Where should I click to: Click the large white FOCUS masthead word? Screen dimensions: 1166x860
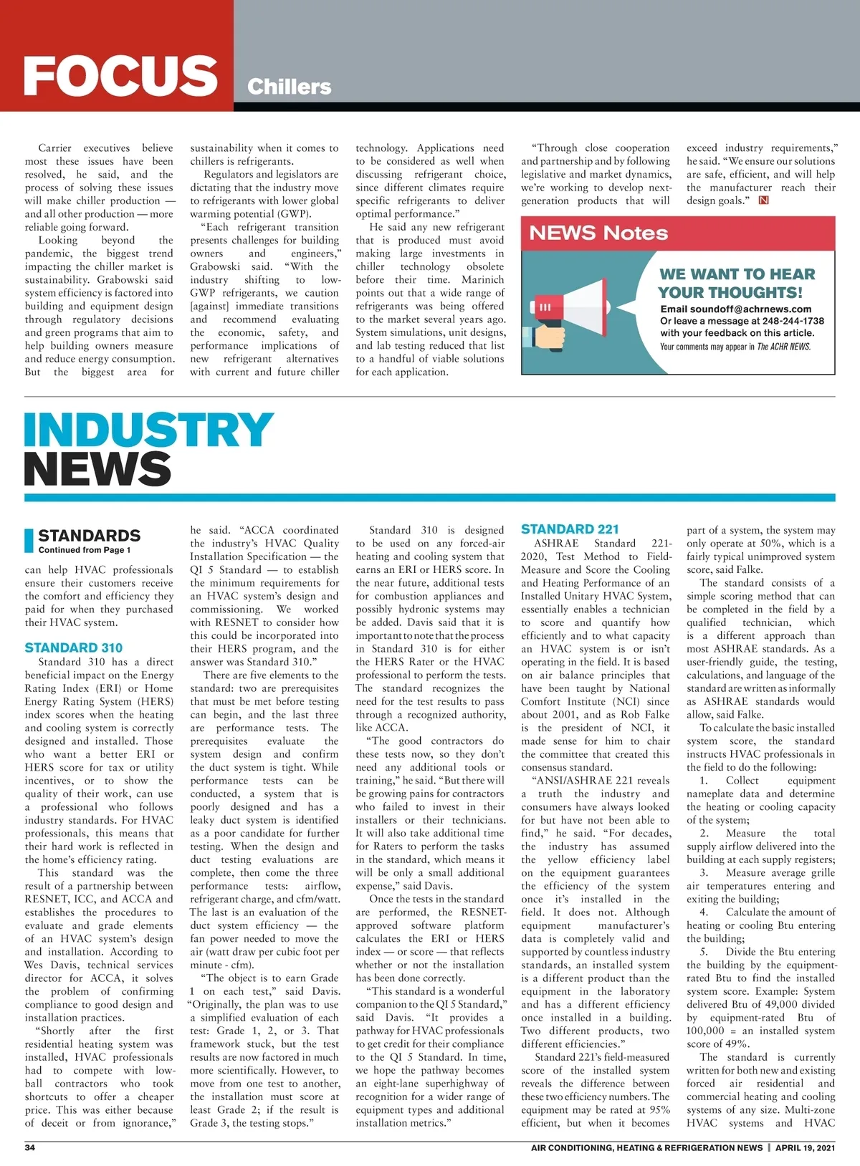120,75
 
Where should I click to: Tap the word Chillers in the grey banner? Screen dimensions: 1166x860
289,87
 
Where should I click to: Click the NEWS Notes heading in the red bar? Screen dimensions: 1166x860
598,233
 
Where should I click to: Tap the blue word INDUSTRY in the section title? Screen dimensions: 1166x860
148,430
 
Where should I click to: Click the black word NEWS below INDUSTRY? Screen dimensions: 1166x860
97,468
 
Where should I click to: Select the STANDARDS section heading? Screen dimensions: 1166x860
89,536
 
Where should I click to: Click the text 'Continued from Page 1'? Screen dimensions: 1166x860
85,550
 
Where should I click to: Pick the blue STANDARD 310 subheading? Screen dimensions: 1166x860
73,648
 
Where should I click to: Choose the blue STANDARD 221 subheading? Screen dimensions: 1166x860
570,529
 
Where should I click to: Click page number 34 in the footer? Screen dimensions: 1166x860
30,1147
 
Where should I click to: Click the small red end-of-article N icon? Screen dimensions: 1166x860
763,201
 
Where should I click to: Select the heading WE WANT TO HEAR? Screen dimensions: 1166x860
737,274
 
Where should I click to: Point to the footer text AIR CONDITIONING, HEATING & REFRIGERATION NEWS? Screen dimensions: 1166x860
646,1147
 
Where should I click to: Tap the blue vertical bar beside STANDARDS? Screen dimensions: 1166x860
29,541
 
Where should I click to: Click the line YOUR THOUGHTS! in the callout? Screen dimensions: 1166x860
730,292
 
